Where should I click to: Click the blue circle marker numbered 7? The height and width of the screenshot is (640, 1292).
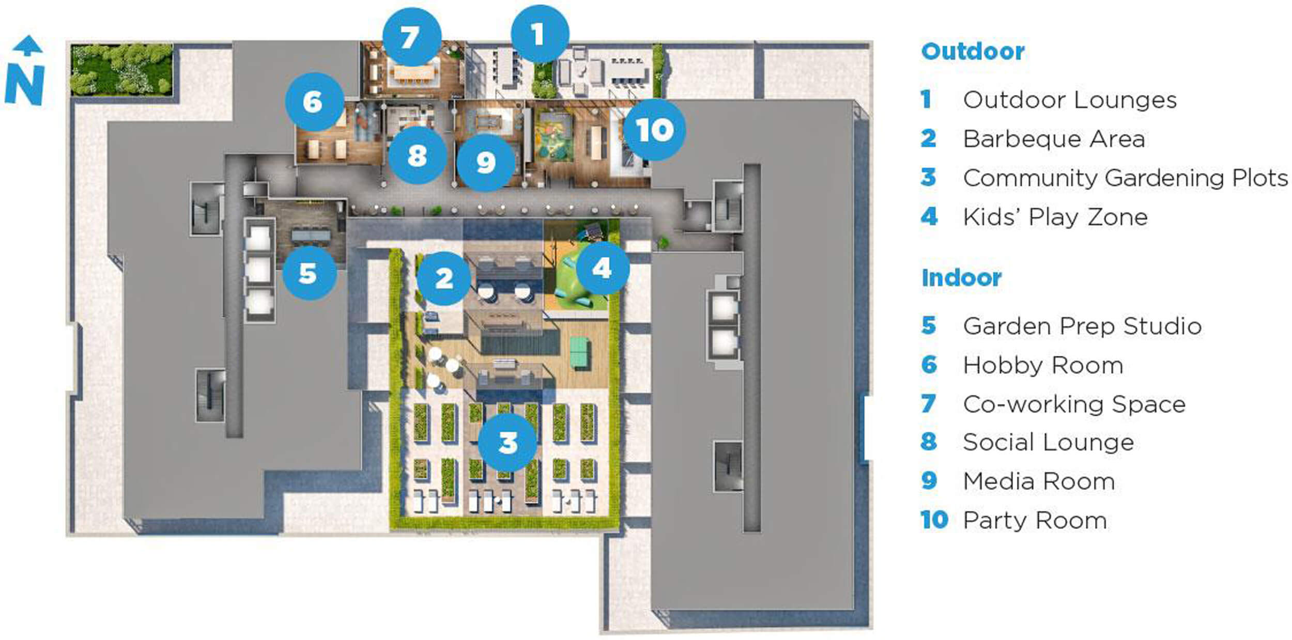412,37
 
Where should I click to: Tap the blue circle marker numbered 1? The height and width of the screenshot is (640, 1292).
540,34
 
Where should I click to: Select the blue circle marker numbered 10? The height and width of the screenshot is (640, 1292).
654,130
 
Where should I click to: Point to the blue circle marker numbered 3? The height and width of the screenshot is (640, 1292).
507,442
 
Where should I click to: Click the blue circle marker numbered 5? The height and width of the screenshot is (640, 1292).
309,273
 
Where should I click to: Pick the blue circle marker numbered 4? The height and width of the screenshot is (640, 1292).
603,268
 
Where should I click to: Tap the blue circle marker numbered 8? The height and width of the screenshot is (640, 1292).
418,155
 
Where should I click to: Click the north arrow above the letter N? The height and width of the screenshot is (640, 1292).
27,45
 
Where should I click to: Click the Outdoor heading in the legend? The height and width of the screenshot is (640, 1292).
973,52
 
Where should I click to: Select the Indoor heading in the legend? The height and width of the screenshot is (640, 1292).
961,278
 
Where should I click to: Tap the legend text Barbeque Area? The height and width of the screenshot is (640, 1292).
1054,139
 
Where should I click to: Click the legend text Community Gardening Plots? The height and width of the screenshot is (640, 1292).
1126,178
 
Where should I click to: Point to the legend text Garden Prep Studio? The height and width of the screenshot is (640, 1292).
1082,326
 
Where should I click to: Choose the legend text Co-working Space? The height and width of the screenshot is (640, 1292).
1074,404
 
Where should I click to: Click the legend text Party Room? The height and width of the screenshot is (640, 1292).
1035,520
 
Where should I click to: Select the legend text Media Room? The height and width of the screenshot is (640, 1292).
1039,481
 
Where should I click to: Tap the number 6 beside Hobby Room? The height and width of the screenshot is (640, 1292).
929,365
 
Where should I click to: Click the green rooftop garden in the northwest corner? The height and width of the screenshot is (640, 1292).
121,70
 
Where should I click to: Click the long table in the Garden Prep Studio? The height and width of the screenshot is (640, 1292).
311,236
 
